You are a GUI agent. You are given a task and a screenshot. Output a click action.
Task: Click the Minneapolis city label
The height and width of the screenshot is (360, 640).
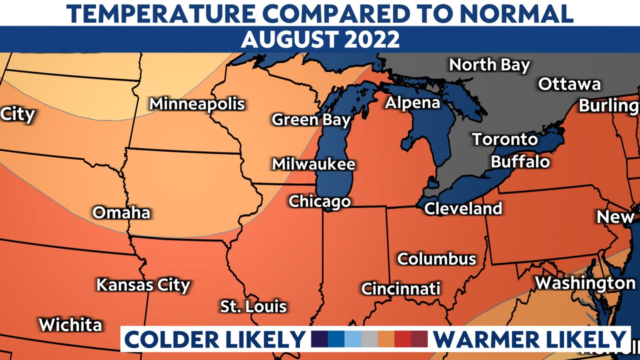pyautogui.click(x=197, y=104)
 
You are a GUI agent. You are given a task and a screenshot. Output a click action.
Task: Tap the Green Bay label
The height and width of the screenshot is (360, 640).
pyautogui.click(x=311, y=120)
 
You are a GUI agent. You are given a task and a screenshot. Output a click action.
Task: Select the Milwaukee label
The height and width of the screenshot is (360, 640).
pyautogui.click(x=313, y=164)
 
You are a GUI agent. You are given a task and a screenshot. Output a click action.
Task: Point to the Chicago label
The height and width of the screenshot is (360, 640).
pyautogui.click(x=319, y=201)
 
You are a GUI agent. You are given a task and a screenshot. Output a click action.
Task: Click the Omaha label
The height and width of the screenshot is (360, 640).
pyautogui.click(x=121, y=212)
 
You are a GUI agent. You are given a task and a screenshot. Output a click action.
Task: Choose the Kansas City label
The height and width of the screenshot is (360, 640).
pyautogui.click(x=143, y=285)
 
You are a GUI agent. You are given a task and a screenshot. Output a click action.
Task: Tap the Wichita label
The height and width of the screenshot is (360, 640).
pyautogui.click(x=70, y=324)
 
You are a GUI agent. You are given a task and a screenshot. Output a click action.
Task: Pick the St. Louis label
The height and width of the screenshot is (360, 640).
pyautogui.click(x=253, y=306)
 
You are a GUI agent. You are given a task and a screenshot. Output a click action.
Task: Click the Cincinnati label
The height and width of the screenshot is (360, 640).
pyautogui.click(x=400, y=288)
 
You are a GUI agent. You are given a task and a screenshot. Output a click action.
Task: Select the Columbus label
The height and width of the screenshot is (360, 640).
pyautogui.click(x=436, y=258)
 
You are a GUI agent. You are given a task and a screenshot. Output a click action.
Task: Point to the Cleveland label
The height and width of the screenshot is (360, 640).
pyautogui.click(x=463, y=208)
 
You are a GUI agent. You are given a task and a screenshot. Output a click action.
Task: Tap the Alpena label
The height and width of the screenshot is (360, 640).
pyautogui.click(x=412, y=102)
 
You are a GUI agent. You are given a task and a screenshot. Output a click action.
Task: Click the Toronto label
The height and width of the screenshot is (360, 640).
pyautogui.click(x=505, y=139)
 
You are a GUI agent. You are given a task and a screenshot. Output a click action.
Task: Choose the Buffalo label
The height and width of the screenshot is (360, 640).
pyautogui.click(x=520, y=161)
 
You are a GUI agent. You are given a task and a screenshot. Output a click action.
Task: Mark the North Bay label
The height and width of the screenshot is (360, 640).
pyautogui.click(x=489, y=65)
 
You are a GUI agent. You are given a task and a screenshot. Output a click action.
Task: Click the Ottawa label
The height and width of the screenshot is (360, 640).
pyautogui.click(x=569, y=84)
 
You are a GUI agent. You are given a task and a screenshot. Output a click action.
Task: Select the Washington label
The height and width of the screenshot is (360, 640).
pyautogui.click(x=585, y=283)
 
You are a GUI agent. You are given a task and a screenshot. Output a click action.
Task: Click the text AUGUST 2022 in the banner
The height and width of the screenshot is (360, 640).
pyautogui.click(x=320, y=39)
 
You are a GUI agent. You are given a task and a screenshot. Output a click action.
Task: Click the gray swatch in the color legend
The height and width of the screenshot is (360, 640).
pyautogui.click(x=369, y=339)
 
